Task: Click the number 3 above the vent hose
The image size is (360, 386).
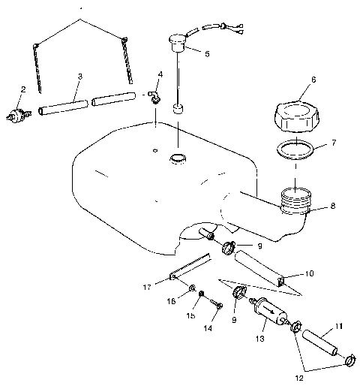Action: [x=80, y=77]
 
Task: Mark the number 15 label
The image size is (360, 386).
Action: [x=191, y=316]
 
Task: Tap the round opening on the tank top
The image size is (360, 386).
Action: [x=178, y=158]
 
